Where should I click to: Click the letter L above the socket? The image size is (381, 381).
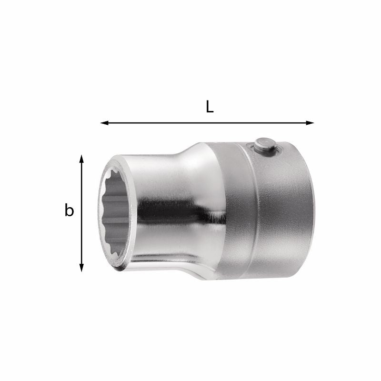pyautogui.click(x=210, y=107)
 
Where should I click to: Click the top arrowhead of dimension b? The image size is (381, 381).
pyautogui.click(x=82, y=159)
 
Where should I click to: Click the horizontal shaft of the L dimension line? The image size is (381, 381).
pyautogui.click(x=207, y=123)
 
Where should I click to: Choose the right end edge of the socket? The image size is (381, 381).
pyautogui.click(x=312, y=210)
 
